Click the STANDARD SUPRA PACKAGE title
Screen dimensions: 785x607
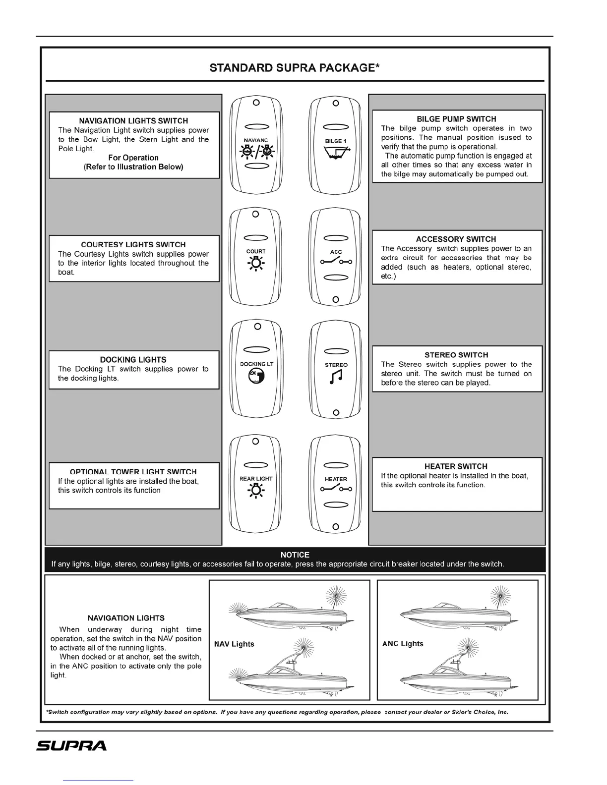pyautogui.click(x=295, y=67)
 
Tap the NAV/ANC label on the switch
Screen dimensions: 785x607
pyautogui.click(x=256, y=140)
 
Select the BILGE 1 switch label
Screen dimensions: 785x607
pyautogui.click(x=336, y=141)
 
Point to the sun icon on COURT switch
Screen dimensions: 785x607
pyautogui.click(x=256, y=265)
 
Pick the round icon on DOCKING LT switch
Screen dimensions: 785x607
pyautogui.click(x=256, y=378)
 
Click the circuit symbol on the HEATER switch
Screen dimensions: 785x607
pyautogui.click(x=336, y=490)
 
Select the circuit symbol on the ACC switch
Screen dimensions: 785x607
pyautogui.click(x=336, y=262)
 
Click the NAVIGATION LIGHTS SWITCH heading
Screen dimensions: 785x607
pyautogui.click(x=133, y=120)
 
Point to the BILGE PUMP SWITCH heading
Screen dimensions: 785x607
pyautogui.click(x=456, y=119)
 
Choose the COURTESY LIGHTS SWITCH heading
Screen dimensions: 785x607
pyautogui.click(x=133, y=244)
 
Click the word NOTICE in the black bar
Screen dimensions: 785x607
pyautogui.click(x=295, y=555)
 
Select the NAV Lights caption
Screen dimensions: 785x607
pyautogui.click(x=234, y=644)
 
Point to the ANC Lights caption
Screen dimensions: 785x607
pyautogui.click(x=403, y=644)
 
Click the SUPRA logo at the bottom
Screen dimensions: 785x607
pyautogui.click(x=71, y=746)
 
